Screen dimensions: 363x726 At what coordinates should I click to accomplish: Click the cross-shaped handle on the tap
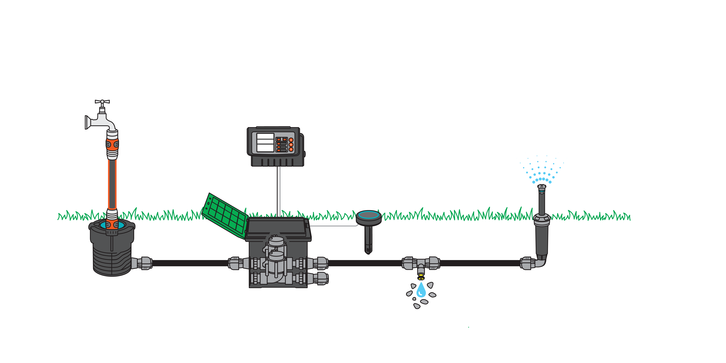click(102, 101)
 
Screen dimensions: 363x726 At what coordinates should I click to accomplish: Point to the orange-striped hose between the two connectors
click(112, 183)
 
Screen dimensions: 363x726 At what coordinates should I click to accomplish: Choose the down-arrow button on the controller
click(291, 149)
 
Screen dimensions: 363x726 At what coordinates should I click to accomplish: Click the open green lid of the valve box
click(225, 216)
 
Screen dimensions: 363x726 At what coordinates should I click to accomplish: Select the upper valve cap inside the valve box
click(276, 241)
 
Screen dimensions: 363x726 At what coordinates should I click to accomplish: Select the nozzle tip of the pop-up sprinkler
click(541, 187)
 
